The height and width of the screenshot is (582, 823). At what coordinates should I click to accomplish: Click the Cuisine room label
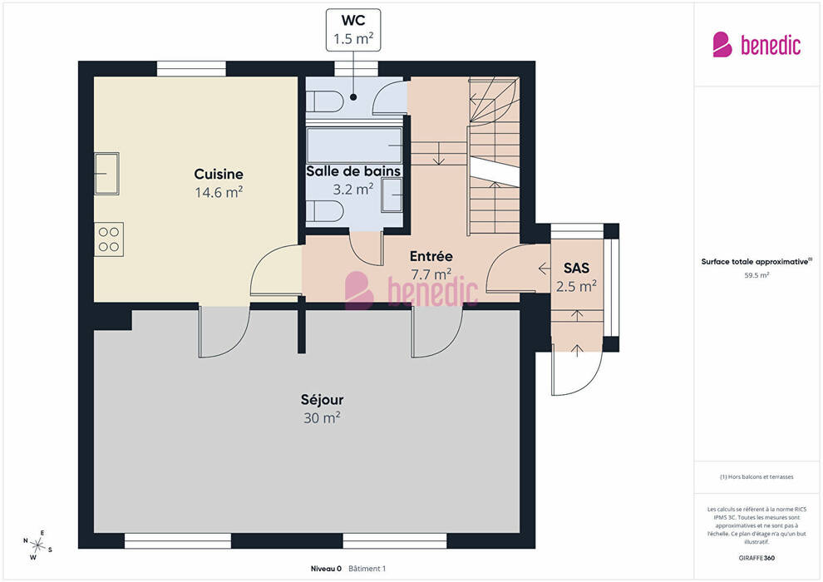point(219,174)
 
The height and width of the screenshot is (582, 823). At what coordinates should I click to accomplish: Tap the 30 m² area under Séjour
point(322,417)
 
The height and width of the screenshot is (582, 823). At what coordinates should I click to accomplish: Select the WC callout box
point(353,30)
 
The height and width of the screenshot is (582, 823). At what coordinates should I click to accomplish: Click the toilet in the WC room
point(324,101)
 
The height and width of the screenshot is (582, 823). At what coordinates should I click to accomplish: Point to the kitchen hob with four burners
point(109,239)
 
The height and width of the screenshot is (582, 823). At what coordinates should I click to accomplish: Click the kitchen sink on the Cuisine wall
point(106,173)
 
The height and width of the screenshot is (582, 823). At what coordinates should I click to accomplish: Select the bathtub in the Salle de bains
point(354,145)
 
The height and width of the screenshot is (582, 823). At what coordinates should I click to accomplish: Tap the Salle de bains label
point(353,171)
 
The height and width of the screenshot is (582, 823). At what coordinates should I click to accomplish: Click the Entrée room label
point(431,256)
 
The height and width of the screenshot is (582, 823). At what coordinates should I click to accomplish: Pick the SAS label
point(576,269)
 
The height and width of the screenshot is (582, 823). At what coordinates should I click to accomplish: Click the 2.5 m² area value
point(576,287)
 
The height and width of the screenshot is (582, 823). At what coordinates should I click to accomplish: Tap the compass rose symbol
point(37,545)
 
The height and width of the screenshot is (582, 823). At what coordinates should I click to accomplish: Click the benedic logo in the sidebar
point(756,45)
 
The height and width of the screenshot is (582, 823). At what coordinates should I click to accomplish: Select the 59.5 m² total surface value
point(756,275)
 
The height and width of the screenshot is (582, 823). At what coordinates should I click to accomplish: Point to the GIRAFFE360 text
point(756,558)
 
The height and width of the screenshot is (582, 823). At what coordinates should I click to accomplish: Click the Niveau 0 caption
point(326,569)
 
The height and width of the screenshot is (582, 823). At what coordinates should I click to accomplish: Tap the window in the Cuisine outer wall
point(191,69)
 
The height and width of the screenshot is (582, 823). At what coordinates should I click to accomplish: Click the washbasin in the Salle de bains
point(392,195)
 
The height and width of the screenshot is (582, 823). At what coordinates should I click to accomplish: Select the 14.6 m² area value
point(219,192)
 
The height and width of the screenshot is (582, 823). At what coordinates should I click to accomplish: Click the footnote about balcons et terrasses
point(756,477)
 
